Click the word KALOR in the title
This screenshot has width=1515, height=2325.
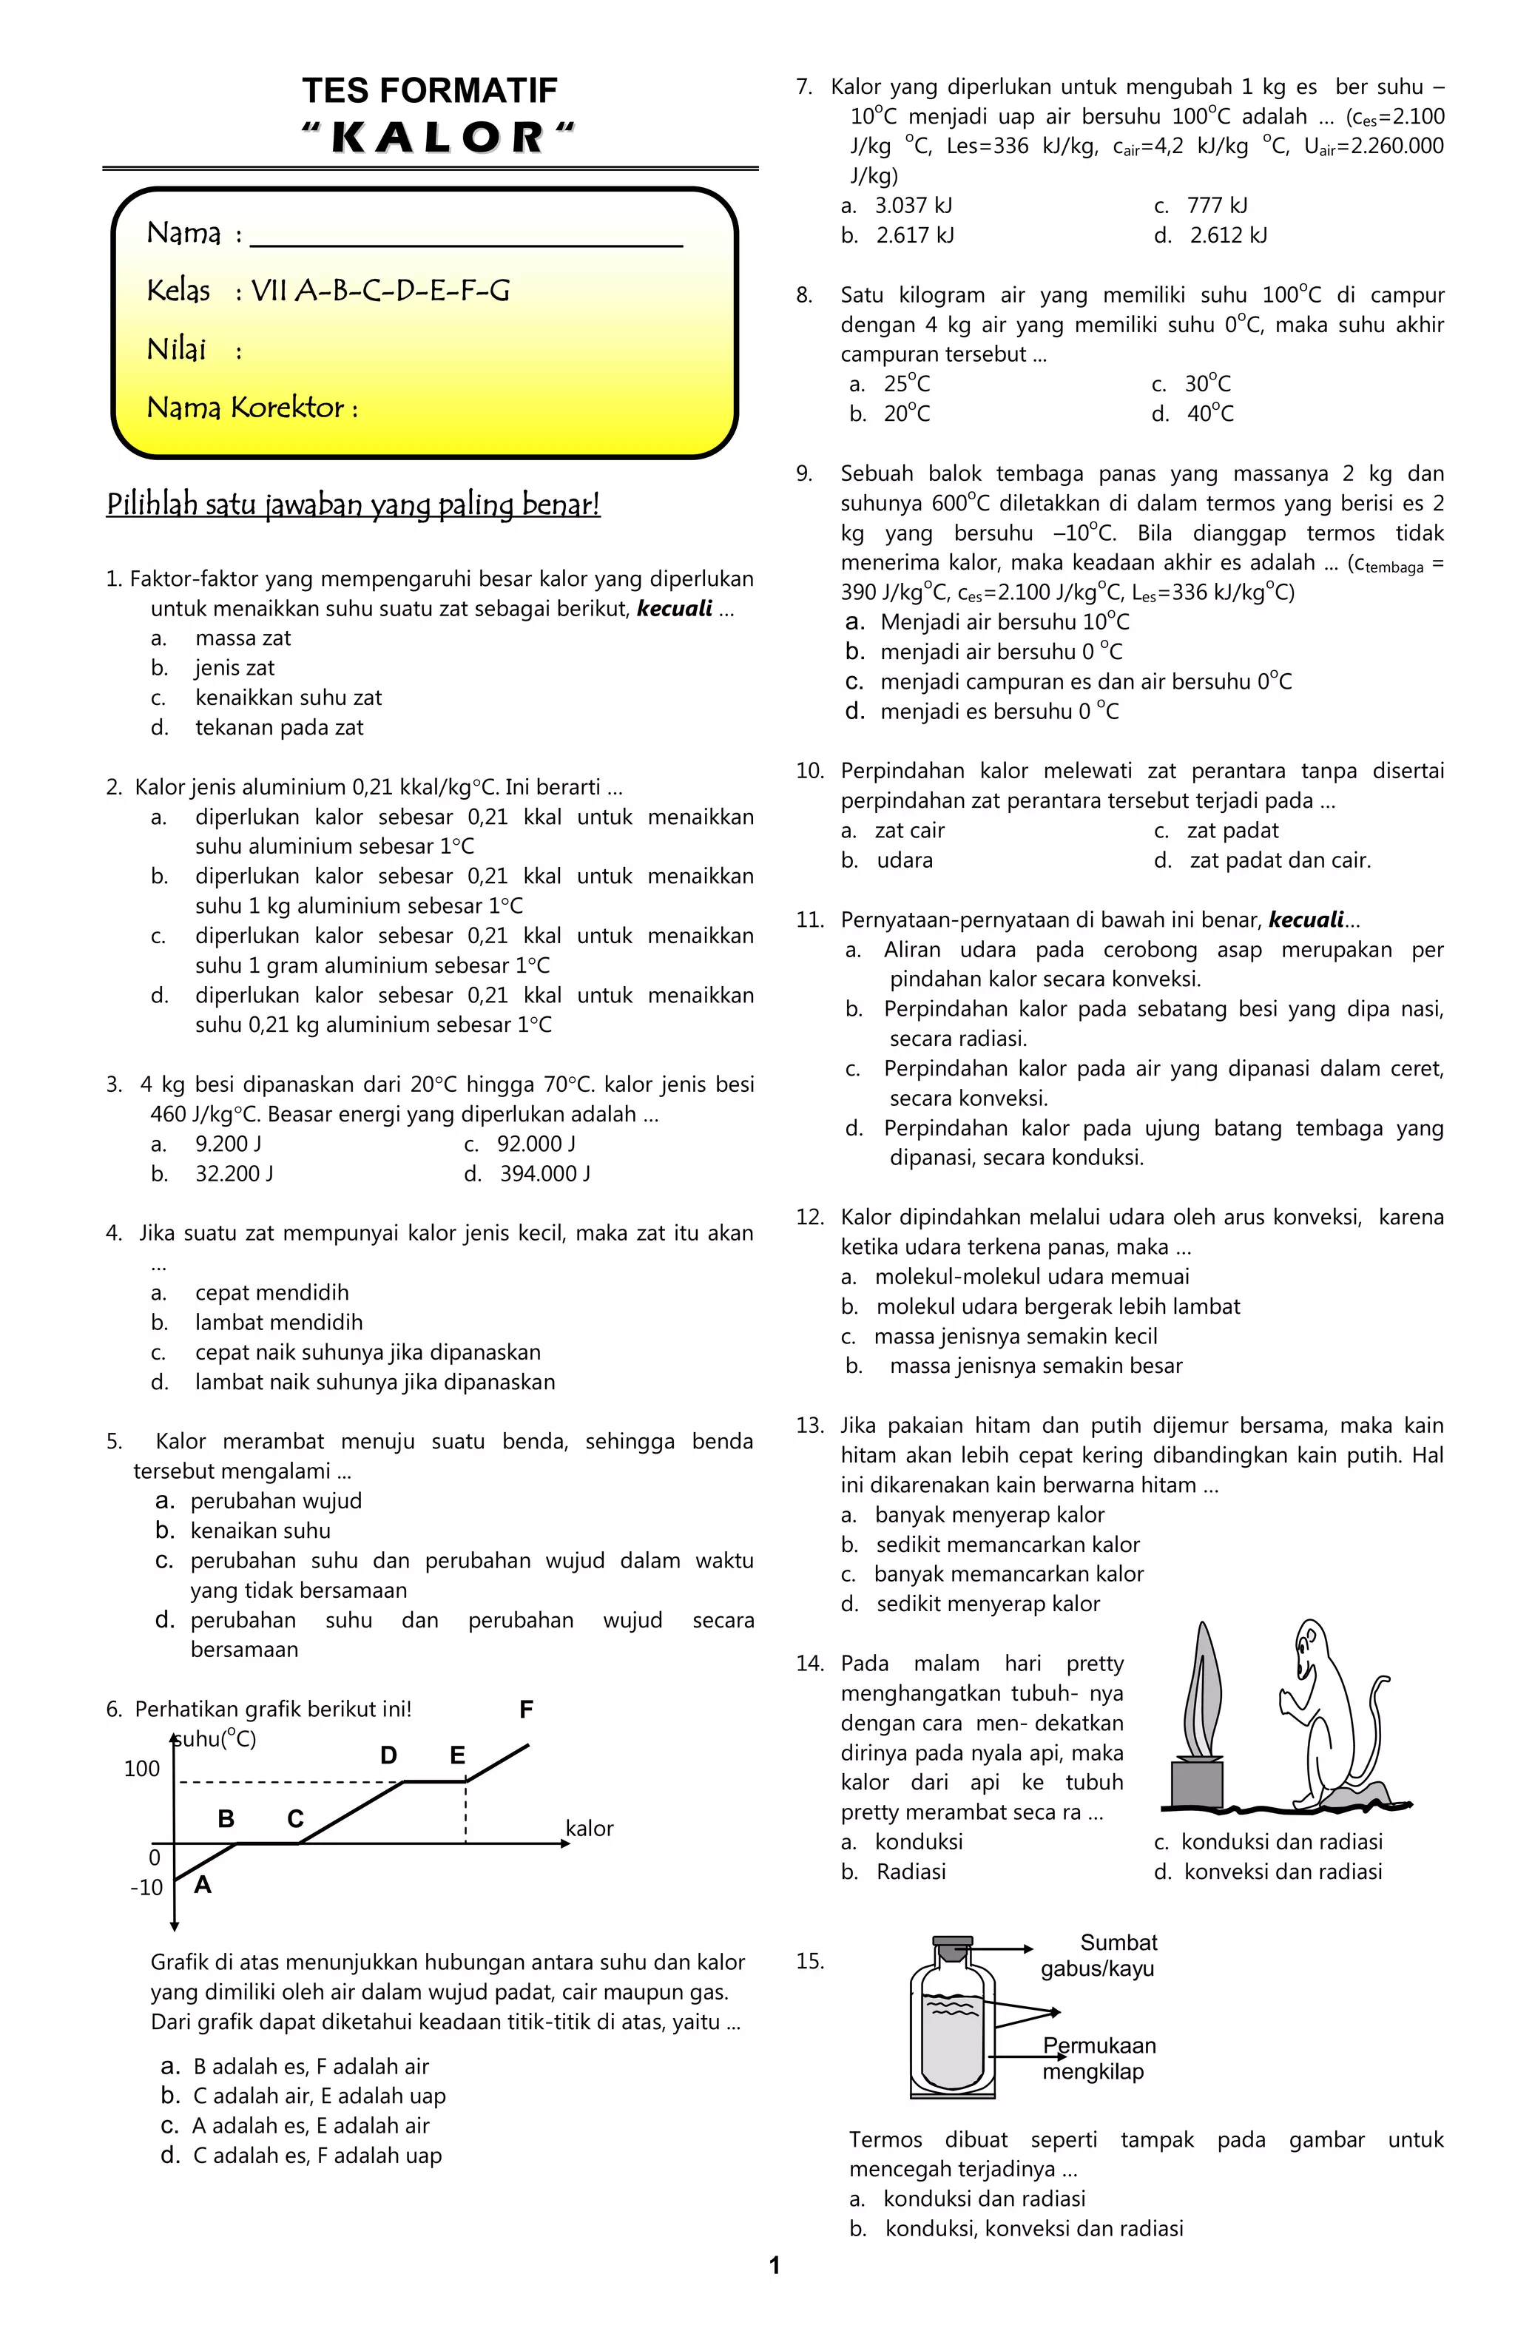click(438, 138)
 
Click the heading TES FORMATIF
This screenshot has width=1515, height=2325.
click(429, 91)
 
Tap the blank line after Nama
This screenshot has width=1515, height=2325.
click(466, 237)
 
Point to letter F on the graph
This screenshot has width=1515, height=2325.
click(525, 1709)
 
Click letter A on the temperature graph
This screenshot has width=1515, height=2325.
click(202, 1883)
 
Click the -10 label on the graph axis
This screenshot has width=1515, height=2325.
click(146, 1887)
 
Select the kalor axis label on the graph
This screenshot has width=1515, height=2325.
click(589, 1829)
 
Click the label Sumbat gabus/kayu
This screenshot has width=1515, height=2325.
click(1099, 1954)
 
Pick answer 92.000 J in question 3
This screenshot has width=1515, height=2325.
click(536, 1144)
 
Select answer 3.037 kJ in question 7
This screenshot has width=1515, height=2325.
click(914, 205)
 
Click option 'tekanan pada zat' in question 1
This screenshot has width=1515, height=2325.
click(280, 728)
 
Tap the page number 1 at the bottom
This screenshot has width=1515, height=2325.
click(775, 2265)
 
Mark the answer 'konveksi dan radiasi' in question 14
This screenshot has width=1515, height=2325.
click(1283, 1871)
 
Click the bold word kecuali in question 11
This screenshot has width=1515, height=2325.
click(1305, 919)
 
